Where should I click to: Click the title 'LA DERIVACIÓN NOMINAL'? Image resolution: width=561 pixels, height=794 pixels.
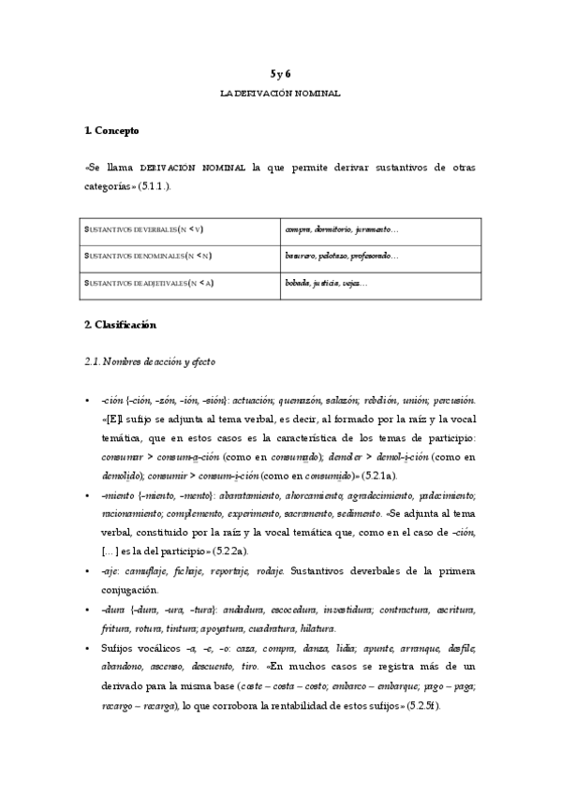pyautogui.click(x=280, y=94)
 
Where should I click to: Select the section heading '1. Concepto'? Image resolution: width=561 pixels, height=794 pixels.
pyautogui.click(x=111, y=130)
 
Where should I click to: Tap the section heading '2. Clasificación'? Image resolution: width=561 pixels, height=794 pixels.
pyautogui.click(x=120, y=325)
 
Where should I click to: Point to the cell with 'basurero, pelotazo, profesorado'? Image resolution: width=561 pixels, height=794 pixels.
pyautogui.click(x=342, y=256)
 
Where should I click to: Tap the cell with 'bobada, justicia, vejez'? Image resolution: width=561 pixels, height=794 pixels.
pyautogui.click(x=327, y=283)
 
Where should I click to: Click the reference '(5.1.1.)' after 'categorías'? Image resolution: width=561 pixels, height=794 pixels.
pyautogui.click(x=155, y=186)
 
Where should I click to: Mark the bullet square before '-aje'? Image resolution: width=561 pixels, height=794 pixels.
pyautogui.click(x=87, y=571)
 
